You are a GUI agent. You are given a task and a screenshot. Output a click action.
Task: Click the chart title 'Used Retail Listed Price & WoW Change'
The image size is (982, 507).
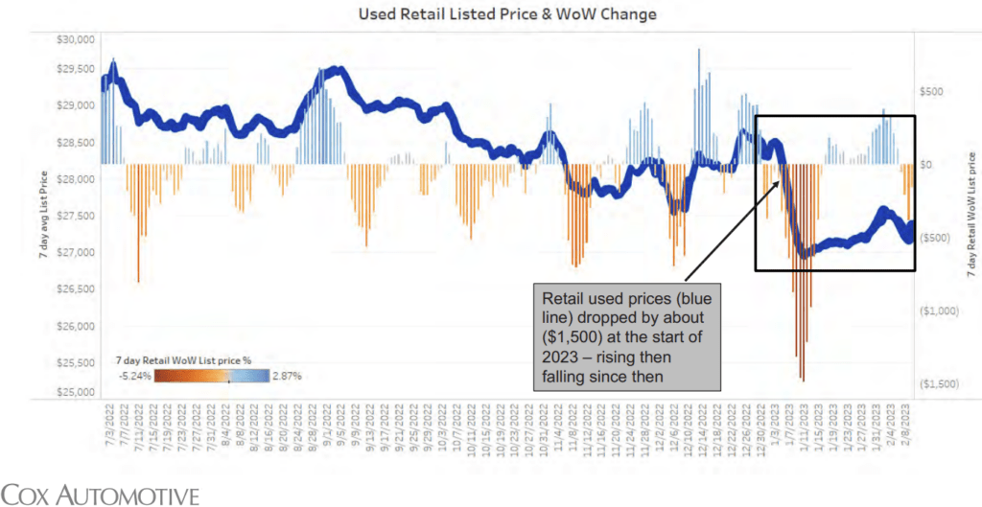(490, 13)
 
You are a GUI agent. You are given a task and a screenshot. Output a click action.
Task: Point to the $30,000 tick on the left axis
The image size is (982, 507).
(74, 39)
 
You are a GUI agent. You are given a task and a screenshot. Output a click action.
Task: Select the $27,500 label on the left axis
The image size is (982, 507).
(74, 217)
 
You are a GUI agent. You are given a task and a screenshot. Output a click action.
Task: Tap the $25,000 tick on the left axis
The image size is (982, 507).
(74, 393)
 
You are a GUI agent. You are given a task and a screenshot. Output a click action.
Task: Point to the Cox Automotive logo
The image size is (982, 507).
(101, 495)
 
